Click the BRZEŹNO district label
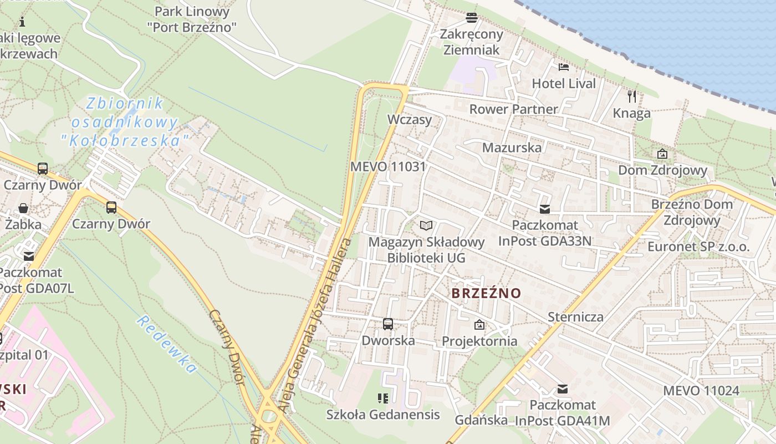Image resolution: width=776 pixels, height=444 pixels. (486, 293)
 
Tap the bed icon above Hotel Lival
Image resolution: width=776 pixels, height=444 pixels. (564, 67)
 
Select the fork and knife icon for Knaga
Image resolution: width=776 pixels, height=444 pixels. (632, 97)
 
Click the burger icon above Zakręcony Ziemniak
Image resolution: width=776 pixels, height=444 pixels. (472, 18)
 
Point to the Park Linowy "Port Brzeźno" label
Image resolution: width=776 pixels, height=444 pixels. (192, 19)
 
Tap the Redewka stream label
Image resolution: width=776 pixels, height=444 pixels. (167, 344)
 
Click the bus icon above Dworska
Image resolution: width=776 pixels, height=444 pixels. (388, 324)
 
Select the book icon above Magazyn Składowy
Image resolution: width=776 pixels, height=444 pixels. (426, 225)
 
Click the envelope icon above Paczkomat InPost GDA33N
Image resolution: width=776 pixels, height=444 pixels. (545, 209)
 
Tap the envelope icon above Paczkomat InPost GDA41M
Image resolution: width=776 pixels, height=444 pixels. (563, 389)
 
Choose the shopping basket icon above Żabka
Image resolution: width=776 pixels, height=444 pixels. (24, 208)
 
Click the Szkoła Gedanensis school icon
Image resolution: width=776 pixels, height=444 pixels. (382, 398)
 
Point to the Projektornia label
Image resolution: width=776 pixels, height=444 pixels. (479, 341)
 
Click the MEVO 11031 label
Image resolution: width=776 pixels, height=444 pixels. (388, 167)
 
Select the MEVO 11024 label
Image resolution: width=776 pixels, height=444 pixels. (701, 391)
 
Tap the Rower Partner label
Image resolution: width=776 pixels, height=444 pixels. (513, 109)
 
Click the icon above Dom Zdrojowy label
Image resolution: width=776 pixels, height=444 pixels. (662, 154)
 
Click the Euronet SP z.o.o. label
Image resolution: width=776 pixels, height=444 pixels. (698, 246)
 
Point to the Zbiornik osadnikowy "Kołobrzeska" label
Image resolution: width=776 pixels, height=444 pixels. (125, 122)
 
